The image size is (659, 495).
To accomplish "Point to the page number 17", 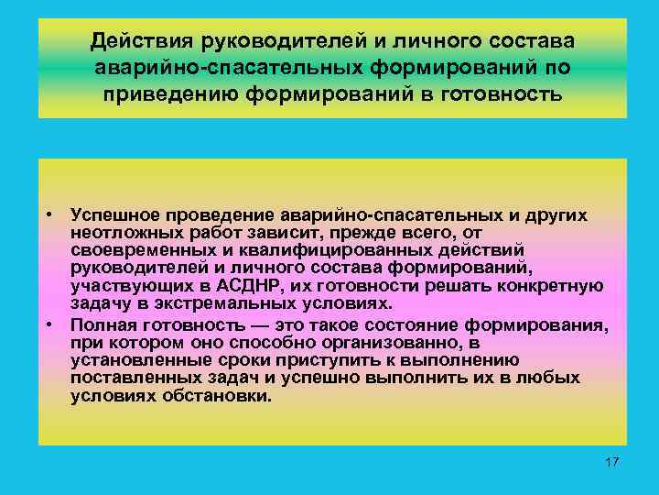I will pyautogui.click(x=612, y=461).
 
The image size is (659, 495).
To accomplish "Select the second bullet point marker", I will pyautogui.click(x=54, y=324).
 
